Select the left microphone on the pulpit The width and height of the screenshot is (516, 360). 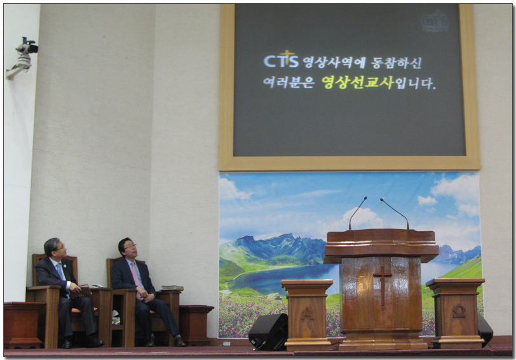(x=356, y=213)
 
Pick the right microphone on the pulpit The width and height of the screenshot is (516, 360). (x=395, y=213)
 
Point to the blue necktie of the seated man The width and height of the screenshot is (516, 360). (x=62, y=276)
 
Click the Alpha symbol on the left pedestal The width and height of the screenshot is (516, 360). (x=308, y=313)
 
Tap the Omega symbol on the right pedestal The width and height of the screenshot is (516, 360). (x=459, y=311)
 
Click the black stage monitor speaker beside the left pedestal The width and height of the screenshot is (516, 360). (x=268, y=331)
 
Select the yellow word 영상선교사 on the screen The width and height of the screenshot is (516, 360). (x=358, y=83)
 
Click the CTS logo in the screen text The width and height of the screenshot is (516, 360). (x=281, y=60)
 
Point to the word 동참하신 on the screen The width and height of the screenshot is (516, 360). (x=397, y=62)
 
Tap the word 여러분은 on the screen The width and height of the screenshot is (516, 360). (x=289, y=83)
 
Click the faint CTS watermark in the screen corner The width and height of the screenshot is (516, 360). (x=435, y=22)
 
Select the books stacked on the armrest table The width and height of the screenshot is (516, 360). (x=172, y=288)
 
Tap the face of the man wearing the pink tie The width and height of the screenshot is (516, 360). (x=130, y=248)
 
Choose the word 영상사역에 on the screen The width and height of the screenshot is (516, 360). (x=334, y=62)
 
